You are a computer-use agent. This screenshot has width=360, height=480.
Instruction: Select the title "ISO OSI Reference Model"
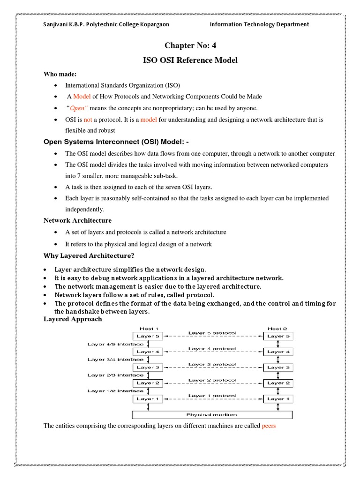190,60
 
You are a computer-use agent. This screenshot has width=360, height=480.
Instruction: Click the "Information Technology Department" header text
259,24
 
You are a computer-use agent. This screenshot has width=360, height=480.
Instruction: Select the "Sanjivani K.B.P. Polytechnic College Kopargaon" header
106,24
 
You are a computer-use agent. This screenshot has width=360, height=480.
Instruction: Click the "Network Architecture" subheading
78,220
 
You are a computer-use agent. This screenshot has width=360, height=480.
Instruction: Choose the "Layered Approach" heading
73,319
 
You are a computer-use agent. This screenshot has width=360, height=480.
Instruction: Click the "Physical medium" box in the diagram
212,414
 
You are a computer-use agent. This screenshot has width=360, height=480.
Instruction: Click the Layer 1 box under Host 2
278,399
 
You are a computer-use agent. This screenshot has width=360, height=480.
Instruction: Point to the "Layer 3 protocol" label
212,364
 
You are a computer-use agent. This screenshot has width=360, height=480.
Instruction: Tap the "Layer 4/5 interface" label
115,344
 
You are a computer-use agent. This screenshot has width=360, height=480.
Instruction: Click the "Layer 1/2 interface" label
115,391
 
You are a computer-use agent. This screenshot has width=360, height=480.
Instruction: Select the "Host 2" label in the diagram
277,329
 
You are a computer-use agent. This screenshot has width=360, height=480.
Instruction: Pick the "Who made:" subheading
60,74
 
